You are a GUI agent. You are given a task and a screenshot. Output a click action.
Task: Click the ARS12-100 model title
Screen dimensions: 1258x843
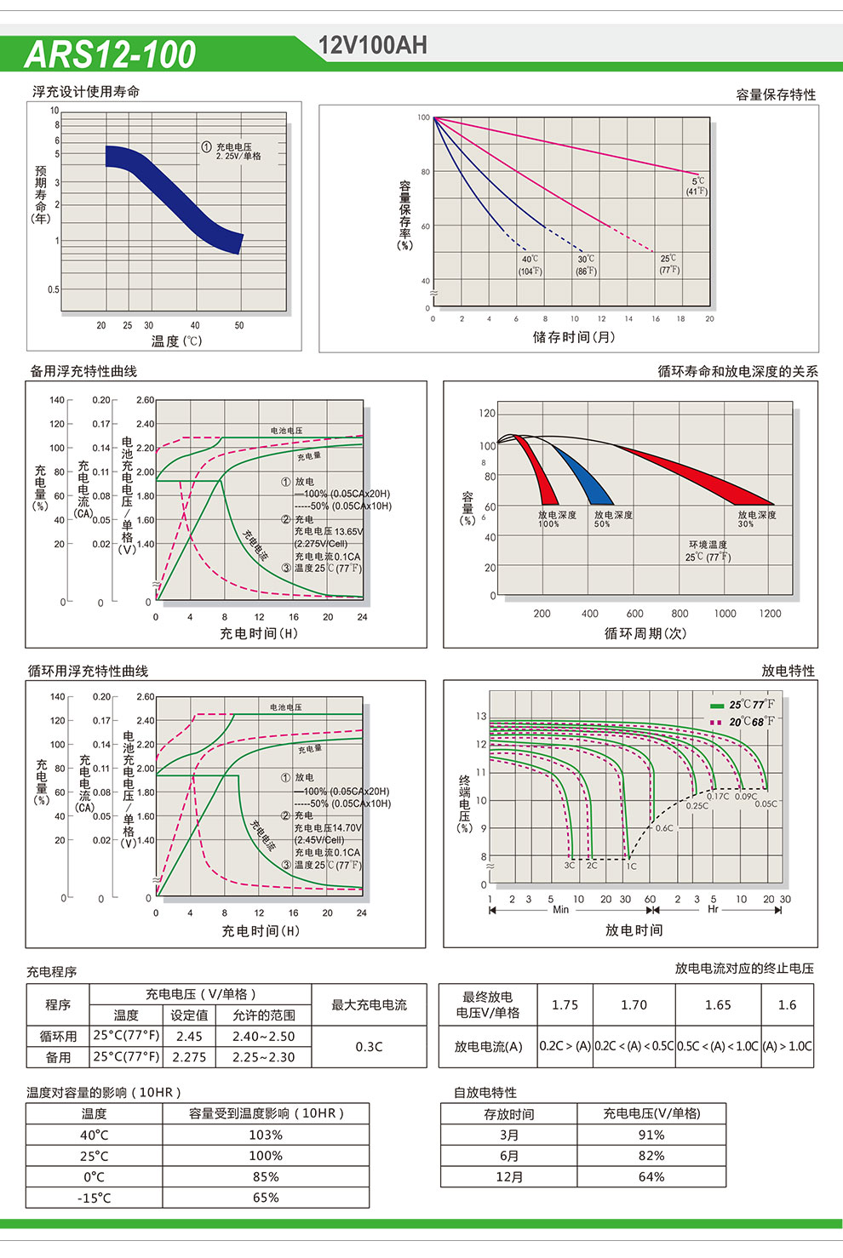[x=111, y=54]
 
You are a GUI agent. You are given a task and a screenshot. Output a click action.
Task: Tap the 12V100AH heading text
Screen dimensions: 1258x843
[x=372, y=46]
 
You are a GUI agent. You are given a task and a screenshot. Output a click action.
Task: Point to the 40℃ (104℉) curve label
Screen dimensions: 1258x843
[x=530, y=265]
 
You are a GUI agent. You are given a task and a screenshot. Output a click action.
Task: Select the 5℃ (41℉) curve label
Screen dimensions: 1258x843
[x=697, y=186]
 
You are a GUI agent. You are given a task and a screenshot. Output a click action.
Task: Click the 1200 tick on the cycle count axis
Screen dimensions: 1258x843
[x=770, y=614]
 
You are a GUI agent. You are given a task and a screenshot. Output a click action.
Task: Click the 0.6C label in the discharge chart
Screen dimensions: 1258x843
[x=664, y=828]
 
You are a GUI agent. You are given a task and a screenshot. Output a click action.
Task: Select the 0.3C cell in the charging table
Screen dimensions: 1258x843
[x=369, y=1047]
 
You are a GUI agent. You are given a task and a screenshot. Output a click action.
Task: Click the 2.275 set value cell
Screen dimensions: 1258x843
[x=189, y=1057]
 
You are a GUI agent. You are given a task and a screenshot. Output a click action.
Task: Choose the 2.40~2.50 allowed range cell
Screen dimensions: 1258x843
[x=264, y=1037]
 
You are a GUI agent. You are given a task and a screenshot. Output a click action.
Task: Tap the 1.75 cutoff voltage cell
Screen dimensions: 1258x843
[x=565, y=1005]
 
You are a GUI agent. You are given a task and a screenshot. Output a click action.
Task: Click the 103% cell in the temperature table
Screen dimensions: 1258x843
[x=266, y=1135]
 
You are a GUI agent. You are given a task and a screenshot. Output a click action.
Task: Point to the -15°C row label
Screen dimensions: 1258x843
[x=94, y=1198]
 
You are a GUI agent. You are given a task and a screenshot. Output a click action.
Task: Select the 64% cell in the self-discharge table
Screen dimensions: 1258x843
[x=651, y=1177]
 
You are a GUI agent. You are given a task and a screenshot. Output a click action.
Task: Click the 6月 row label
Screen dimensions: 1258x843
[x=509, y=1156]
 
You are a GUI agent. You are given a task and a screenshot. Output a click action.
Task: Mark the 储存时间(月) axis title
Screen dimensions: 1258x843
[x=573, y=337]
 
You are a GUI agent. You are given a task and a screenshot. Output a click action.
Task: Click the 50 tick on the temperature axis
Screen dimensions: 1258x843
[x=239, y=325]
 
